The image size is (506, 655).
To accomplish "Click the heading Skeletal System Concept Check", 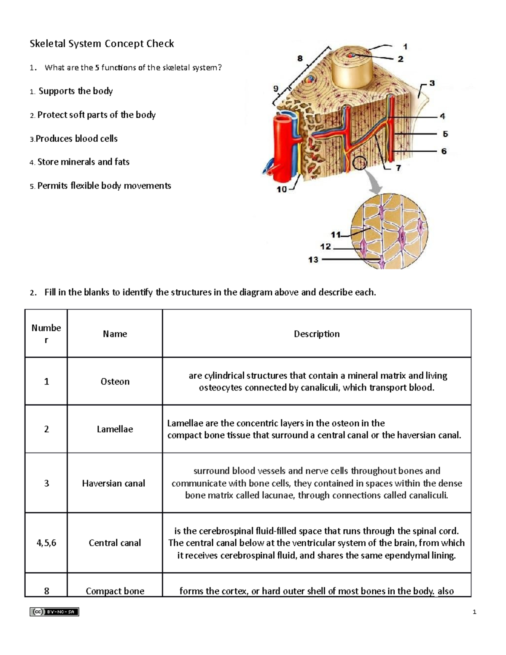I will pos(102,44).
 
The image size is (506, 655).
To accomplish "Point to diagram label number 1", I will pos(405,47).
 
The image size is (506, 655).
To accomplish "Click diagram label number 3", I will pos(432,84).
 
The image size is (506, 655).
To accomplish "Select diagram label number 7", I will pos(398,168).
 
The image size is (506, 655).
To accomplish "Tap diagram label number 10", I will pos(281,189).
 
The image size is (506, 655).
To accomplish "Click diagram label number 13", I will pos(313,260).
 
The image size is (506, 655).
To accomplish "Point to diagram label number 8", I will pos(300,59).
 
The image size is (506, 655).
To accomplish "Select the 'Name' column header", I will pos(115,334).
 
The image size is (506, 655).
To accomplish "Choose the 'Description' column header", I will pos(316,334).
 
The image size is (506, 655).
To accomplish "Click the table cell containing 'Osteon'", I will pos(115,382).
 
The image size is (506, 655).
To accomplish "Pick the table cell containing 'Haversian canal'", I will pos(113,483).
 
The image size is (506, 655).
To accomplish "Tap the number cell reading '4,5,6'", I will pos(46,543).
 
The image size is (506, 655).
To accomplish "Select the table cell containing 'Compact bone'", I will pos(115,591).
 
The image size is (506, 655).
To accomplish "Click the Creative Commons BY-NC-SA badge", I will pos(54,612).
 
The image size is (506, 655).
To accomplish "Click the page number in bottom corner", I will pos(474,612).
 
